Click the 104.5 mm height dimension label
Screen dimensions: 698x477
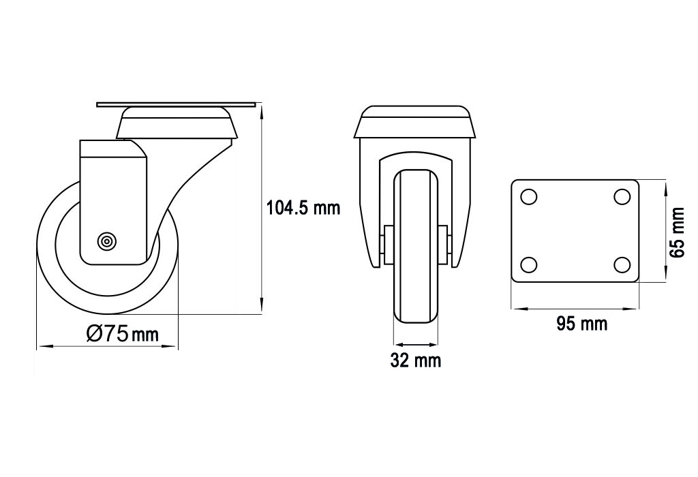click(x=303, y=208)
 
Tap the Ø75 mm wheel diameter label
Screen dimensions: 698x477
click(x=123, y=333)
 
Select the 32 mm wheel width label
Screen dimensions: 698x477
click(x=416, y=360)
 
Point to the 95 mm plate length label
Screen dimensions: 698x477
click(x=582, y=324)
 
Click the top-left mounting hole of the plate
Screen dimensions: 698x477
click(x=529, y=197)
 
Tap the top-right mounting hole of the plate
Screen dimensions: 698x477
click(x=622, y=197)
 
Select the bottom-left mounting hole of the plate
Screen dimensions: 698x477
click(x=529, y=265)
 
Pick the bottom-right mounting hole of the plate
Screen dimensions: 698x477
click(x=622, y=265)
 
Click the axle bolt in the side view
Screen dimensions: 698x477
click(x=107, y=242)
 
